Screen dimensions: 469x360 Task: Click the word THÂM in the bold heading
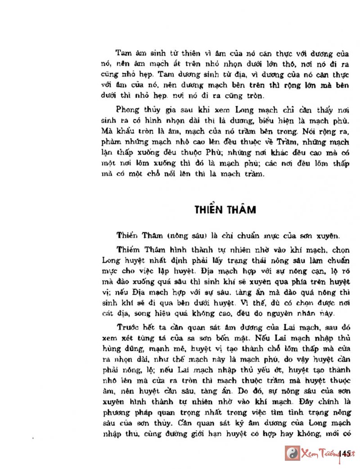pyautogui.click(x=242, y=210)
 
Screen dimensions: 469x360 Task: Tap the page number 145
pyautogui.click(x=346, y=453)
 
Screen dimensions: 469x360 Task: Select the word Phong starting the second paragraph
pyautogui.click(x=127, y=110)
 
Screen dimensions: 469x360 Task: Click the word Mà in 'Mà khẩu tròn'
pyautogui.click(x=108, y=131)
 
